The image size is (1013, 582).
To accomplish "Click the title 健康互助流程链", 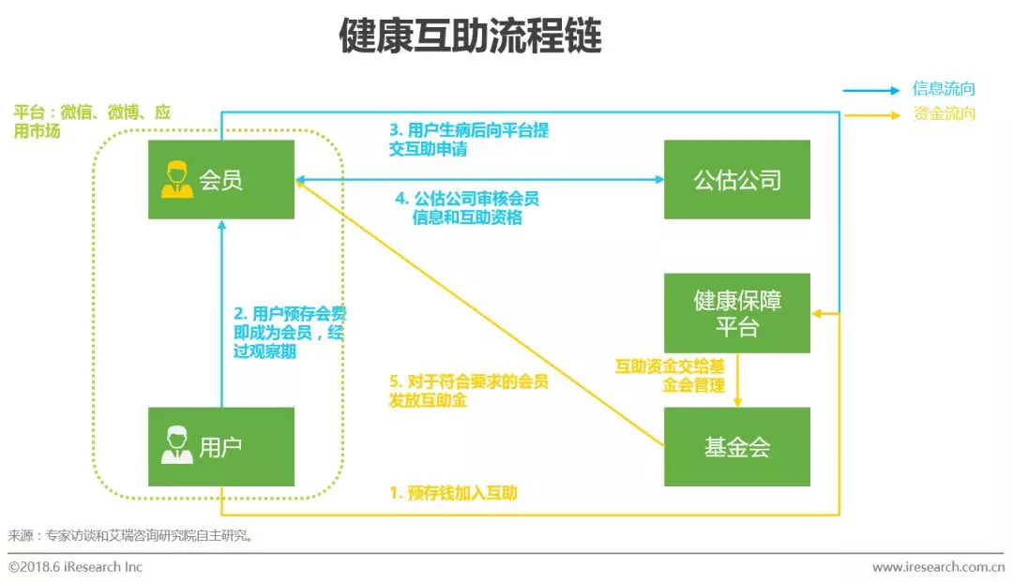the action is pyautogui.click(x=470, y=36).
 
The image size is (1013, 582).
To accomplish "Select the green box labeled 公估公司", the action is pyautogui.click(x=737, y=179).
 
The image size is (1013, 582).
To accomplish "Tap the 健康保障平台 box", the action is pyautogui.click(x=737, y=313).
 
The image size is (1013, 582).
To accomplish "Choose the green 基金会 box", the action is pyautogui.click(x=737, y=446).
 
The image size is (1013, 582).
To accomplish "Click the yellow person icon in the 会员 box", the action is pyautogui.click(x=177, y=179).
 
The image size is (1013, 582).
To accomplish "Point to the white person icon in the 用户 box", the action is pyautogui.click(x=177, y=445).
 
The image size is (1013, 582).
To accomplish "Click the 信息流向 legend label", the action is pyautogui.click(x=944, y=88).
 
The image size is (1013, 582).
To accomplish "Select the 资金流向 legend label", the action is pyautogui.click(x=944, y=113).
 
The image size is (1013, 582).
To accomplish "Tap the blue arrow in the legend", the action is pyautogui.click(x=870, y=90).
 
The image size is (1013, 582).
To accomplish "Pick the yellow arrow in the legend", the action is pyautogui.click(x=870, y=115).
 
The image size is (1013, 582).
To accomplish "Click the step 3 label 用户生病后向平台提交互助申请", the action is pyautogui.click(x=469, y=140).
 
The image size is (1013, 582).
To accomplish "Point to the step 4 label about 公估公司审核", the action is pyautogui.click(x=467, y=208).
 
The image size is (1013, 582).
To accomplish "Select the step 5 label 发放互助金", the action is pyautogui.click(x=469, y=391).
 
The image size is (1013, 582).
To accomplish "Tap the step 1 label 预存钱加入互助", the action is pyautogui.click(x=454, y=494).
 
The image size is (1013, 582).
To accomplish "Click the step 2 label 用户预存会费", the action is pyautogui.click(x=290, y=333).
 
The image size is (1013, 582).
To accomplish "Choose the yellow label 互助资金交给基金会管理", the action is pyautogui.click(x=670, y=376).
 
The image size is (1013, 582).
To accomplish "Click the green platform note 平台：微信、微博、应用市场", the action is pyautogui.click(x=92, y=121).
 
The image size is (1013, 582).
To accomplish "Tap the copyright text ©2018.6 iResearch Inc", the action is pyautogui.click(x=75, y=567).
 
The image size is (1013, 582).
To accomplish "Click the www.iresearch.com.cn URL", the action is pyautogui.click(x=938, y=567).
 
